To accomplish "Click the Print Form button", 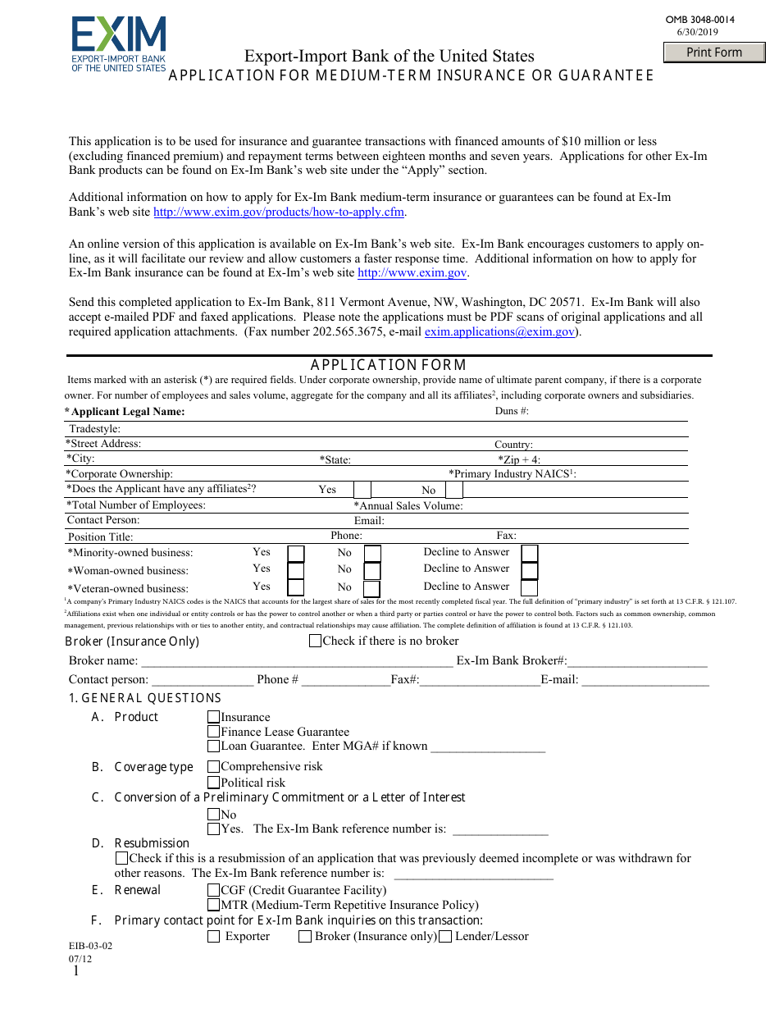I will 713,53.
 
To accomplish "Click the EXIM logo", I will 118,44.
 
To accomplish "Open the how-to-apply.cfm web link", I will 280,212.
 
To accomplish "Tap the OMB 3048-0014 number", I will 700,20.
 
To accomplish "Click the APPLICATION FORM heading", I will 388,365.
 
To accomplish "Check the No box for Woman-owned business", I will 372,571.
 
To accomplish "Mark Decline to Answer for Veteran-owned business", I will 530,588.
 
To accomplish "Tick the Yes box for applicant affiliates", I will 362,490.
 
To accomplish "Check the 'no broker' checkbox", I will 316,641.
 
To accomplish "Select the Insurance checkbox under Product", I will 214,717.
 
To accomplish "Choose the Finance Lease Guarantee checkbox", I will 214,732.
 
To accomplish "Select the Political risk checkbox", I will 214,783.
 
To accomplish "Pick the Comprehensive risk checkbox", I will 214,767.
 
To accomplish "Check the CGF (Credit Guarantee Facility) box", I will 214,890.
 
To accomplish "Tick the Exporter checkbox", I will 214,937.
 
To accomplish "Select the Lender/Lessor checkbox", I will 445,937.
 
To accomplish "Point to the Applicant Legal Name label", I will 127,412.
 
